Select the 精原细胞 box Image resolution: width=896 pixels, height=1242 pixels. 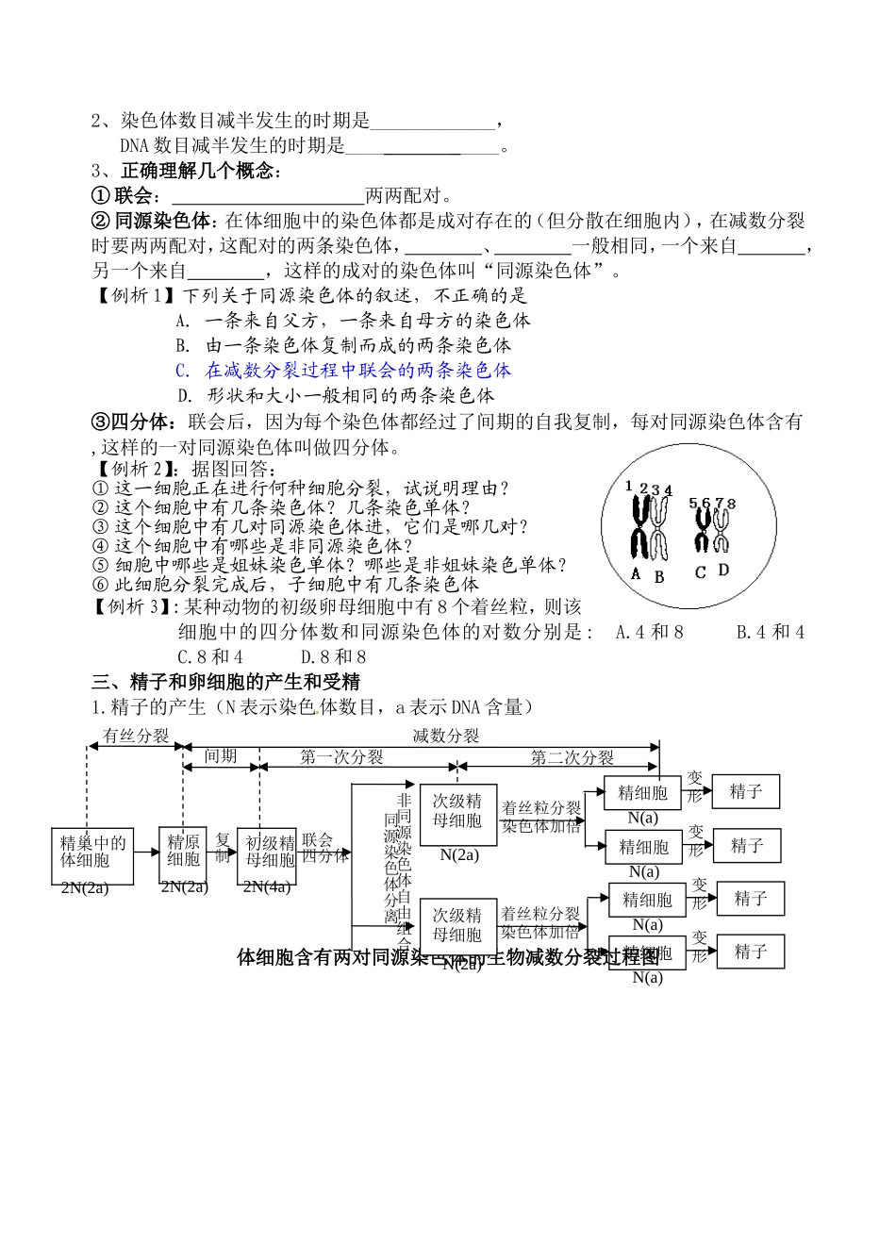pos(183,851)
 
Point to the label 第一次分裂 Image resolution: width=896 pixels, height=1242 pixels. pos(341,757)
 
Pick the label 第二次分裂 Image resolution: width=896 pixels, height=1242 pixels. pos(572,757)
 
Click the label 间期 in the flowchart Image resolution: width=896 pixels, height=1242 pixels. pos(220,756)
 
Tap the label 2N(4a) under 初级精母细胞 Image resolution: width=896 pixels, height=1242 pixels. pos(268,886)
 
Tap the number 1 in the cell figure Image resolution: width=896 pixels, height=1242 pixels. pos(628,486)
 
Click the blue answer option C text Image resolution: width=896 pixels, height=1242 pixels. pos(344,370)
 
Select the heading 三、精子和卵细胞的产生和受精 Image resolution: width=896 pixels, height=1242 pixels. pos(225,681)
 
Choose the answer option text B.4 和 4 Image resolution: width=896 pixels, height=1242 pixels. pos(770,632)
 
